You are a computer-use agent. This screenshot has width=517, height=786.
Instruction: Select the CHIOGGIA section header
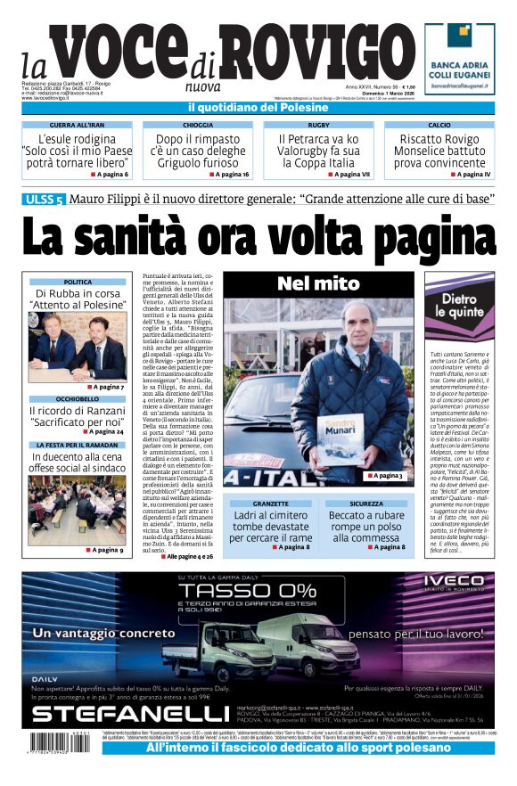click(197, 126)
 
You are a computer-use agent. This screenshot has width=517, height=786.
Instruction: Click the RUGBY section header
click(318, 126)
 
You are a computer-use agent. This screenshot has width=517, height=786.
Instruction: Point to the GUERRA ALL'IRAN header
click(76, 126)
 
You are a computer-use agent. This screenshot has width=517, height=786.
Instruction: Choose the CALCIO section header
click(439, 126)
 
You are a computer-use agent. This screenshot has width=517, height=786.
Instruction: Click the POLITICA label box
click(77, 282)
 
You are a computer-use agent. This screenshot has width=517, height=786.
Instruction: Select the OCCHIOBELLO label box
click(77, 399)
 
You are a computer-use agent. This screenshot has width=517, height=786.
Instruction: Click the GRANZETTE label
click(271, 504)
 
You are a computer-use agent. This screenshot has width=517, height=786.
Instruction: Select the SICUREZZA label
click(366, 504)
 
